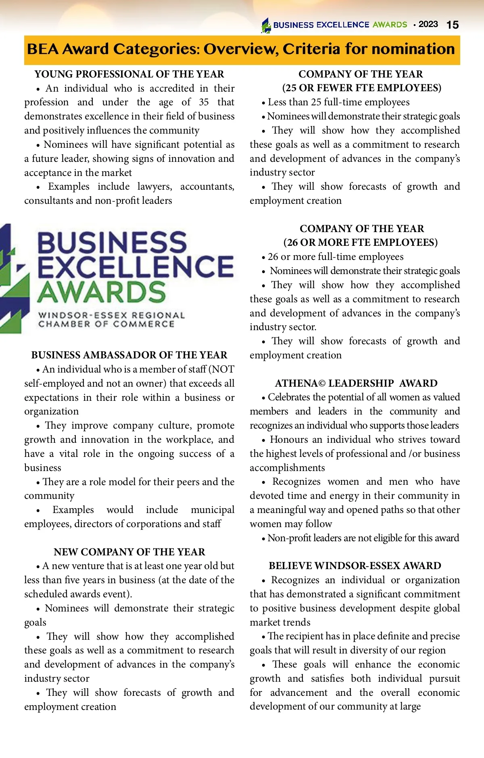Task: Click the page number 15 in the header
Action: click(453, 25)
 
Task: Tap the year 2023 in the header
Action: click(428, 24)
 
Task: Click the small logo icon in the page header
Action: click(266, 25)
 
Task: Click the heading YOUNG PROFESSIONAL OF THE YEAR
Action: click(129, 74)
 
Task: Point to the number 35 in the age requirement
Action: click(204, 102)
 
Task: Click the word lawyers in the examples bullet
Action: click(154, 186)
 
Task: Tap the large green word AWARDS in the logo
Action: click(102, 292)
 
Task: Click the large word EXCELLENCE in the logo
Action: click(136, 266)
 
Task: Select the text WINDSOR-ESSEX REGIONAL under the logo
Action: click(111, 315)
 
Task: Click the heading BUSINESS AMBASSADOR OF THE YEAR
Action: click(129, 355)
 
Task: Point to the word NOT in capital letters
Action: click(223, 369)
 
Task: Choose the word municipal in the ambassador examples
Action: click(212, 510)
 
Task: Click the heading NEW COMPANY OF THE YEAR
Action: click(129, 552)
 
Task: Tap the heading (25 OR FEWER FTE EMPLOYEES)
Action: click(361, 88)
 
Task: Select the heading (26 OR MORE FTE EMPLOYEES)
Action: click(361, 243)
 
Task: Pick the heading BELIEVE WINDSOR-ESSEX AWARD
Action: click(355, 566)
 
